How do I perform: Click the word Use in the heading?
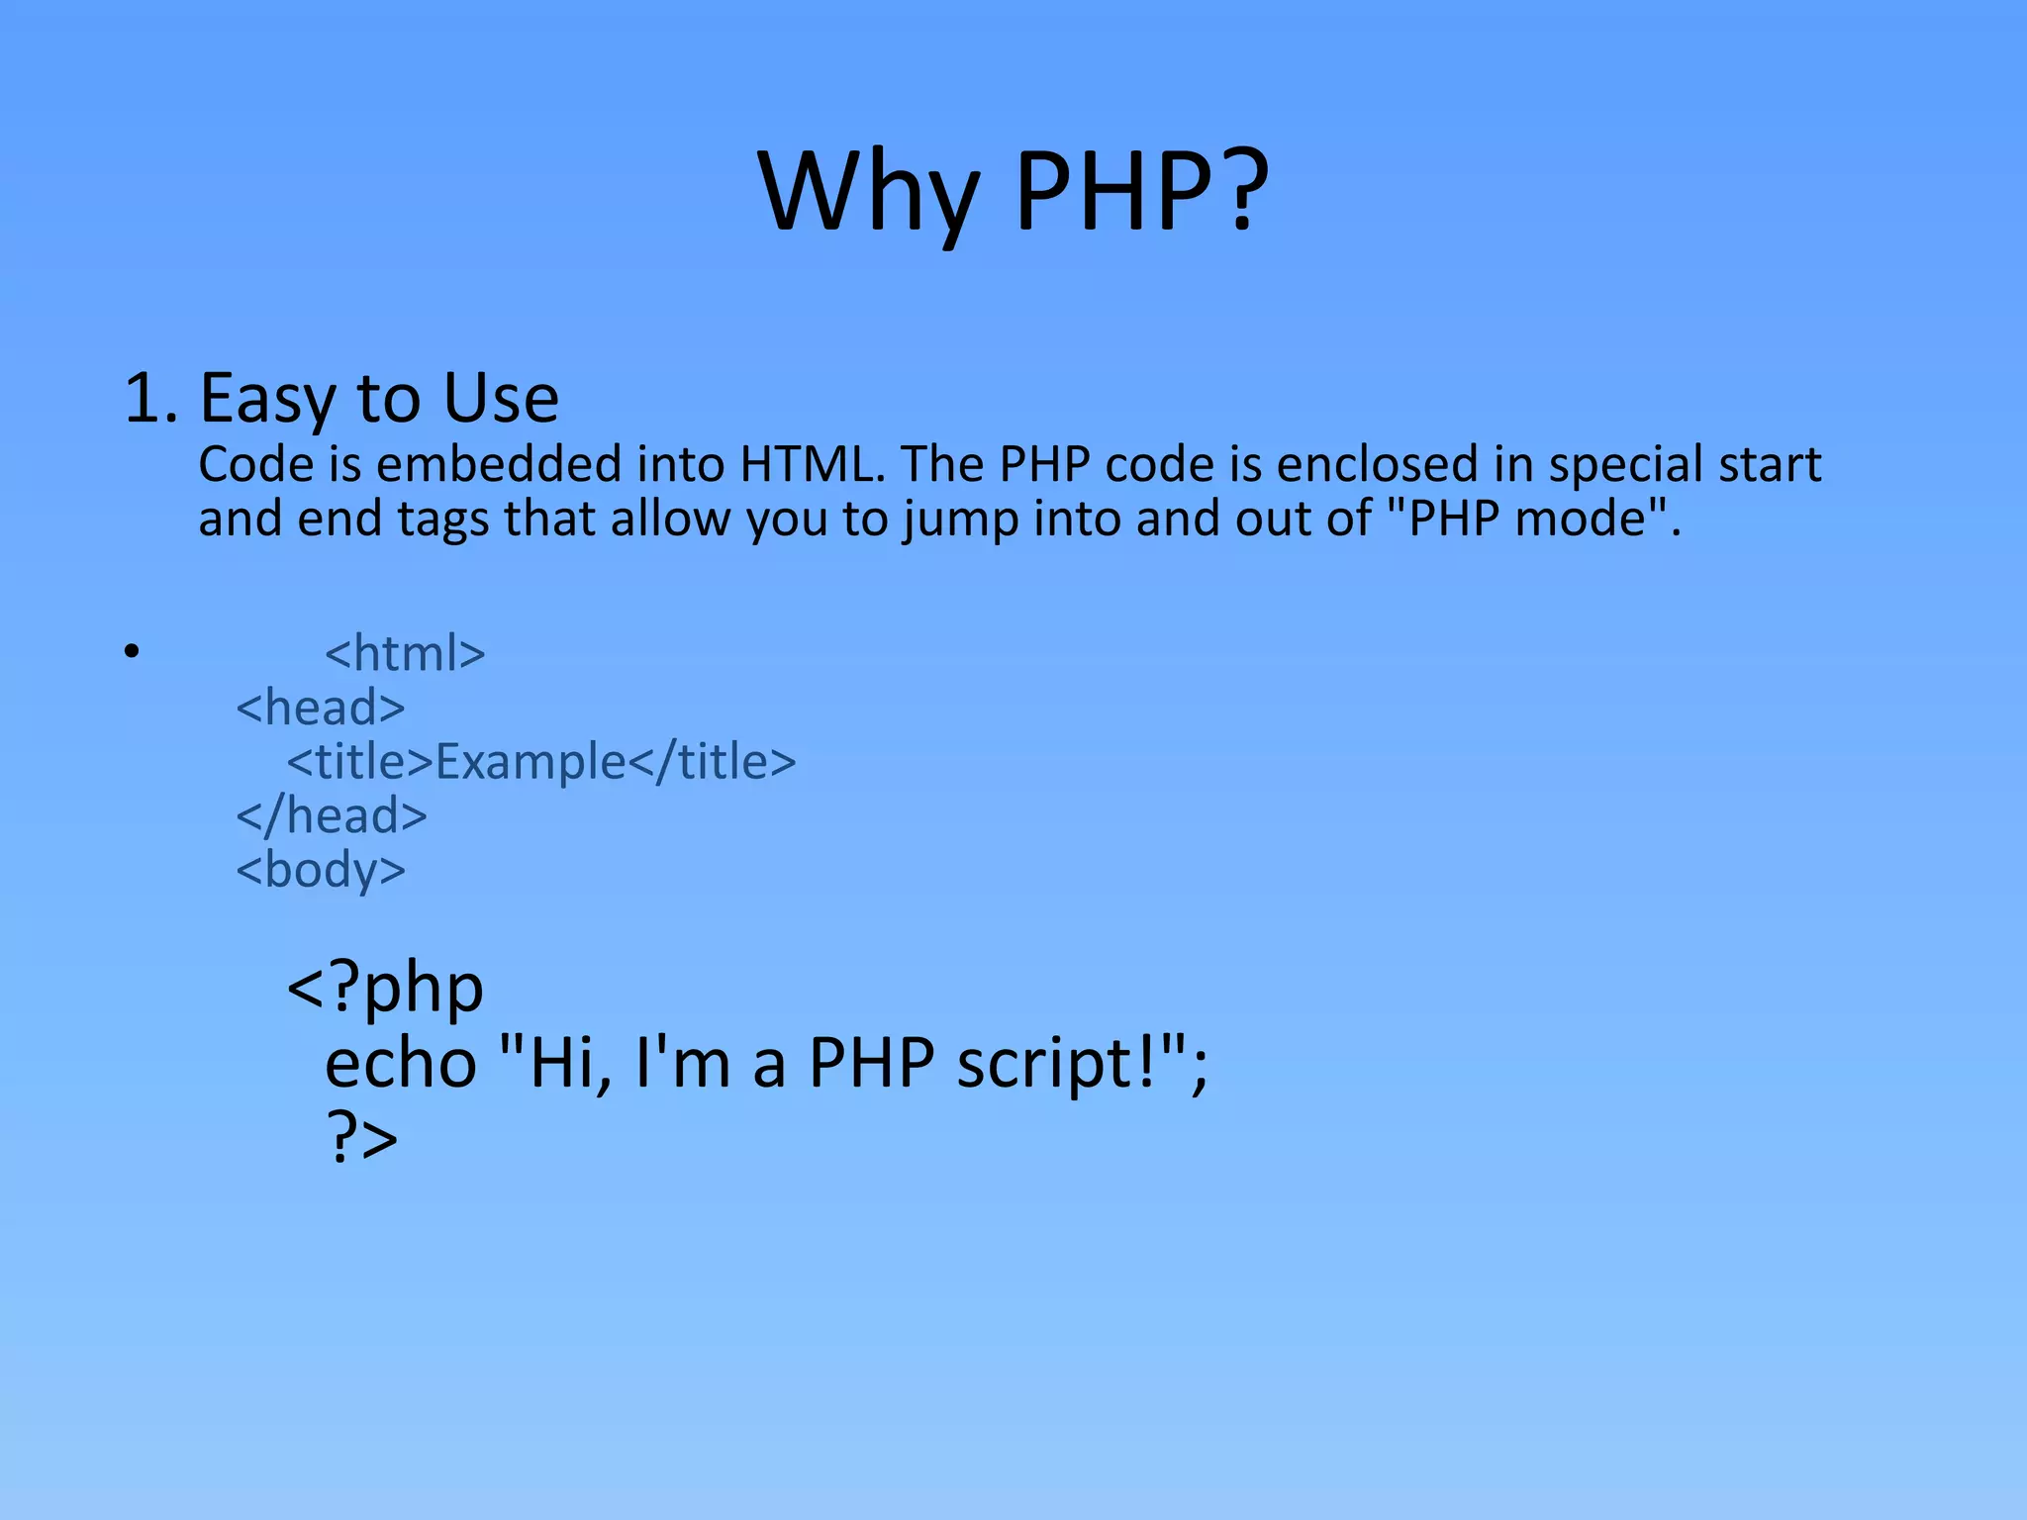501,398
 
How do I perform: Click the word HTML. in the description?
812,463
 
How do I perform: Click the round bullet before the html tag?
132,652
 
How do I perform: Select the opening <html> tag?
405,653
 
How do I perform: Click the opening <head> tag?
321,707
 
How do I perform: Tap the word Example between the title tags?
531,761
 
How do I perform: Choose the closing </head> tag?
332,815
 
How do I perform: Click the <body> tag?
321,870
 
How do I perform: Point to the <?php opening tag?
385,987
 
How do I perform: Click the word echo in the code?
401,1063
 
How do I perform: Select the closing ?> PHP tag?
361,1137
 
